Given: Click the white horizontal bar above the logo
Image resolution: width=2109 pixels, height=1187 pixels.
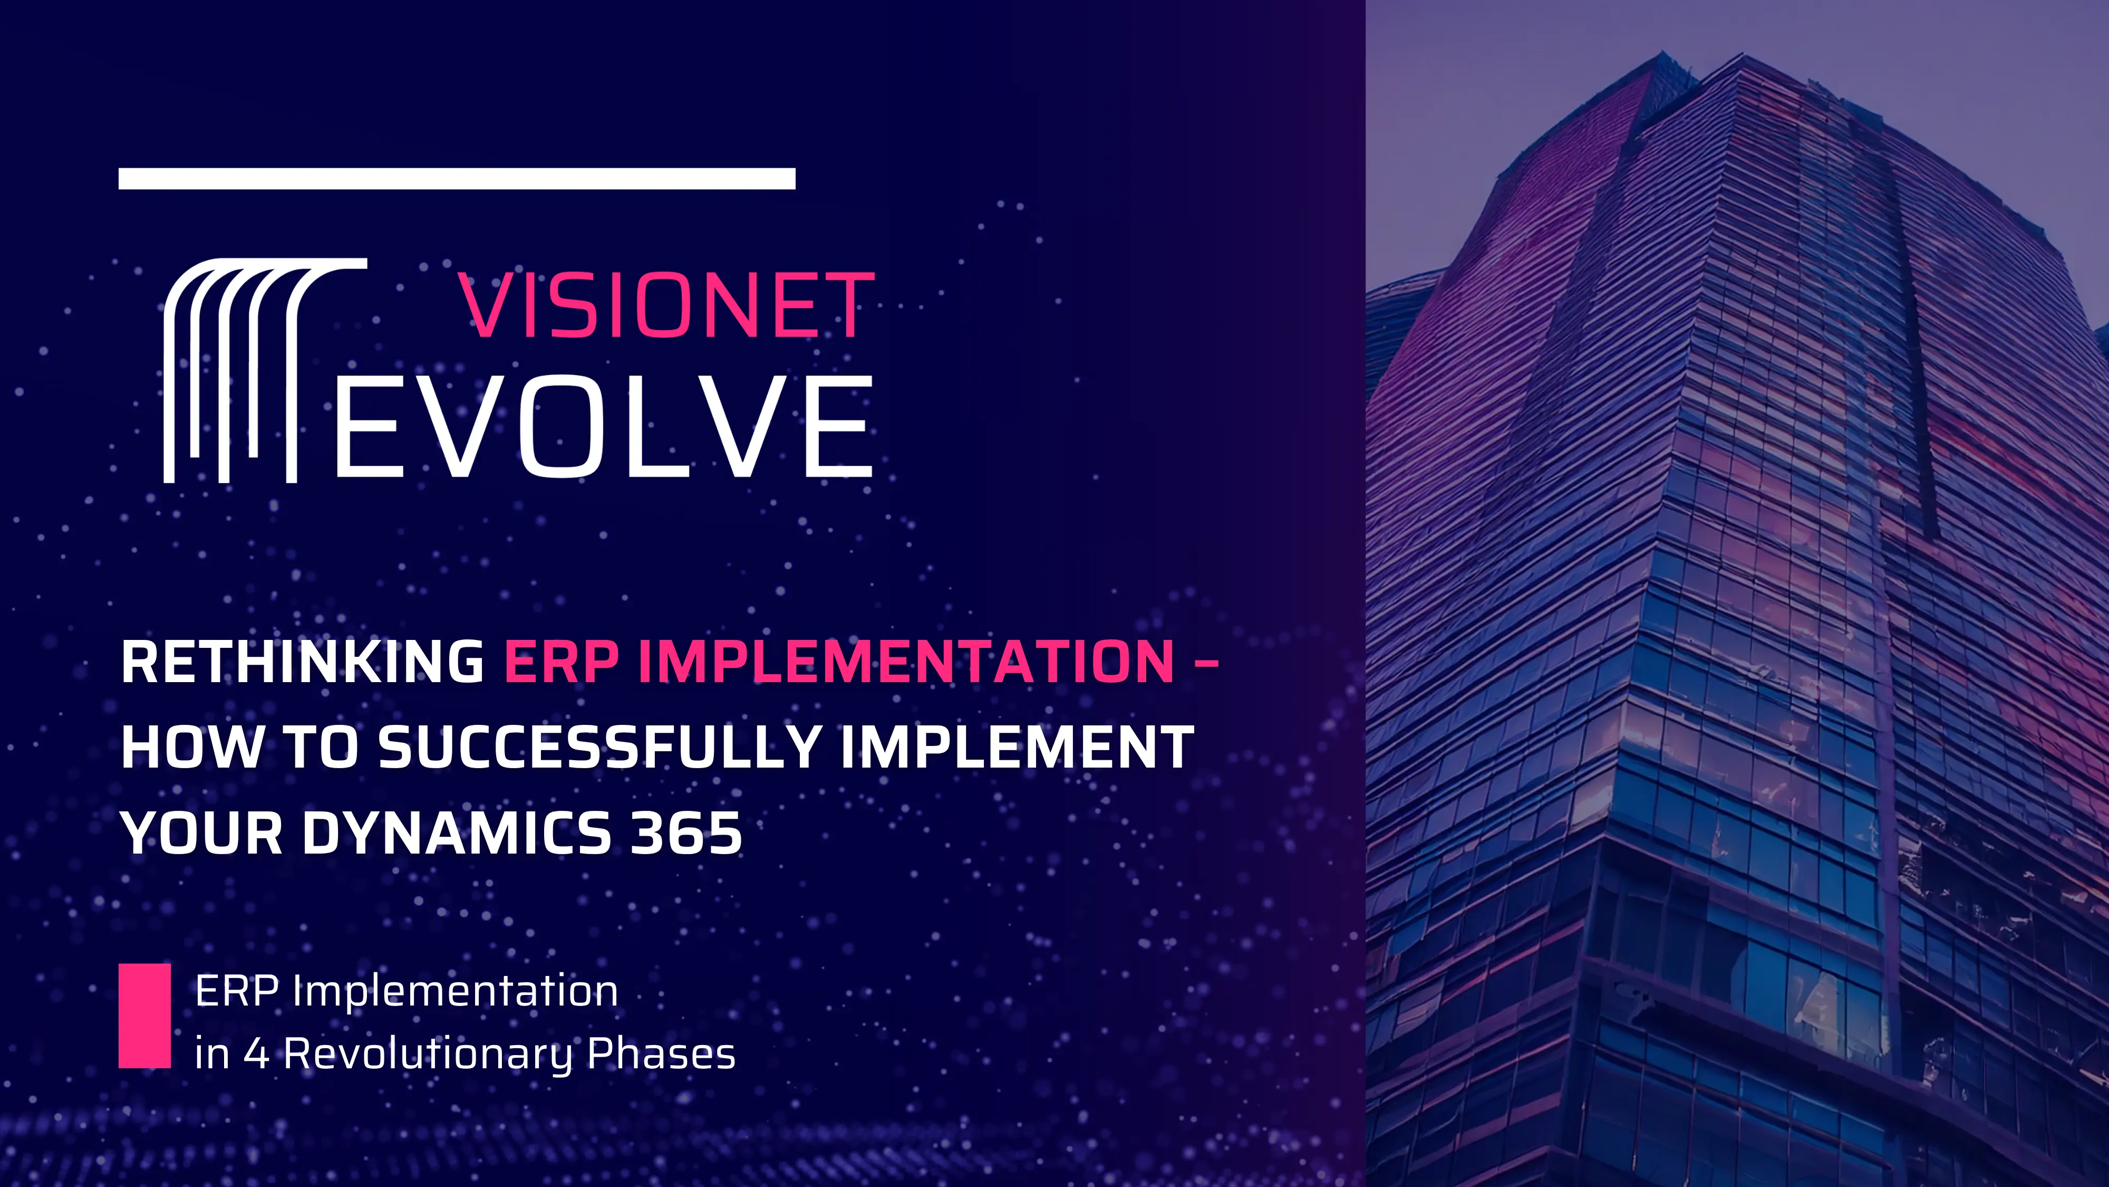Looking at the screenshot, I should click(x=457, y=179).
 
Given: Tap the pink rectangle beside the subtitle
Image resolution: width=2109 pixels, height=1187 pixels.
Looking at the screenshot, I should click(x=145, y=1016).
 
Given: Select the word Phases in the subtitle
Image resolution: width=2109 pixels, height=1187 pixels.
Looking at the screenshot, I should click(x=662, y=1054).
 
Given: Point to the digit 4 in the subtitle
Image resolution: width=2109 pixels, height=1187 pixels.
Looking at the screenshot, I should click(x=256, y=1054).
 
